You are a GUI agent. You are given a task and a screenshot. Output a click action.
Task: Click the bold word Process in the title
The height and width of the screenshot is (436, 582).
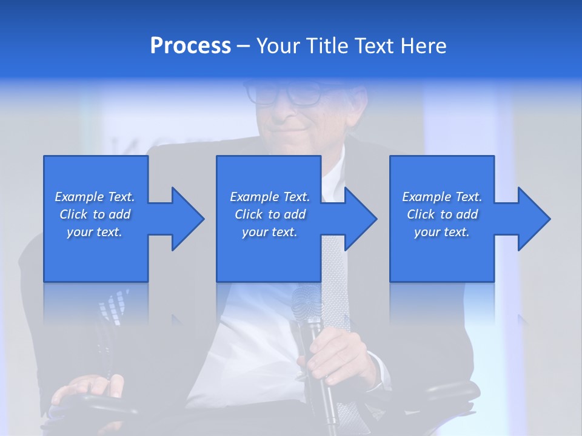click(190, 46)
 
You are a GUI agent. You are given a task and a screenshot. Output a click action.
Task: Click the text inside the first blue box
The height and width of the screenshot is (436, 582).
click(95, 214)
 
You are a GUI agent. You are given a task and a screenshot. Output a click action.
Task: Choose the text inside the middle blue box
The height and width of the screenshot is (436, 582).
click(270, 214)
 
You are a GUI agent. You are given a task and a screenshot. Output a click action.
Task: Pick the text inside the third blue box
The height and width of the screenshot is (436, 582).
click(442, 214)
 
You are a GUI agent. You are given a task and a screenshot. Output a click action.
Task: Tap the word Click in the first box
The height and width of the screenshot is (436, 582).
click(73, 214)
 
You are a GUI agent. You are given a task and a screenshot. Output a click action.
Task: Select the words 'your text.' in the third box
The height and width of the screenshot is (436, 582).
click(442, 232)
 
